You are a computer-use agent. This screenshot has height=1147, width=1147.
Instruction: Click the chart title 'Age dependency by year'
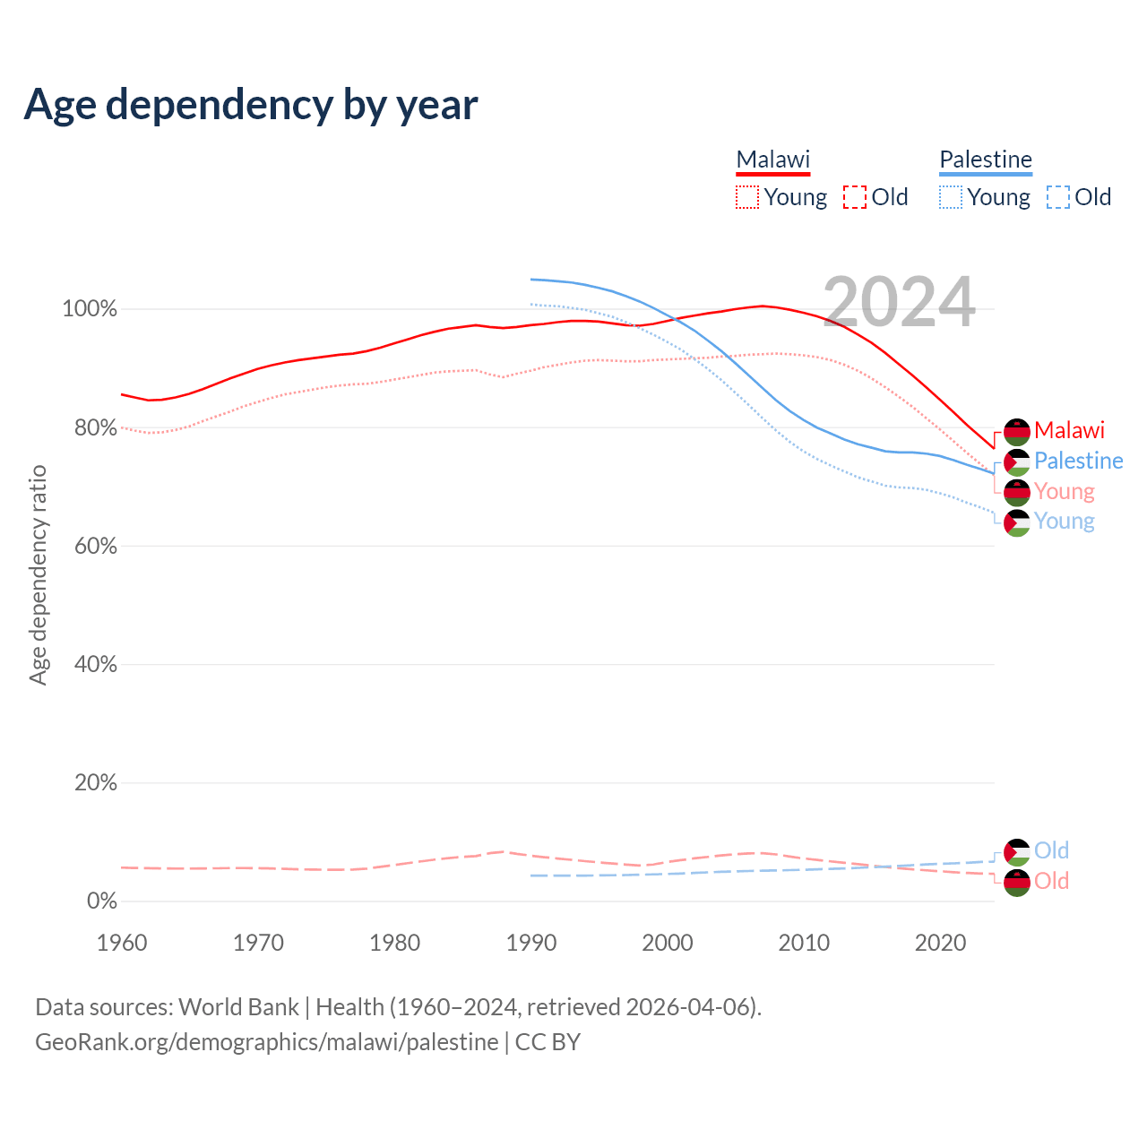coord(251,105)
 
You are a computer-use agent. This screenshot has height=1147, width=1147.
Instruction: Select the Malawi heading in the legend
coord(772,160)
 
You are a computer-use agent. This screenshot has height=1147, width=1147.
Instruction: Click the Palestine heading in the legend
coord(986,160)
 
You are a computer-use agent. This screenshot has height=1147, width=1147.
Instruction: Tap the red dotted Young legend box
coord(747,197)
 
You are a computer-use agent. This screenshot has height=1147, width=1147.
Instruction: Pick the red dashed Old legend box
coord(855,197)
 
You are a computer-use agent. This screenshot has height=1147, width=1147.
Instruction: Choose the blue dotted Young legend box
coord(951,197)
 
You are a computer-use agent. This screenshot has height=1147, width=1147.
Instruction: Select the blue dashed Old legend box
coord(1058,197)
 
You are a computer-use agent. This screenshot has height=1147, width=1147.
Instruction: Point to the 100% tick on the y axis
coord(90,309)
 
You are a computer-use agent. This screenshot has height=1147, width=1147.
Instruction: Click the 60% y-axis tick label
coord(95,547)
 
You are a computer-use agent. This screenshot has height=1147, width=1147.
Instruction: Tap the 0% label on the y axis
coord(102,901)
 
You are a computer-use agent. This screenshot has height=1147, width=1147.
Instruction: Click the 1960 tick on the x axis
coord(122,943)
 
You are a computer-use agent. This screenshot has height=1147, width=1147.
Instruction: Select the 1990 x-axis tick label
coord(531,943)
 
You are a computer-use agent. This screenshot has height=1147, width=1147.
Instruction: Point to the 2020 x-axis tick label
coord(940,943)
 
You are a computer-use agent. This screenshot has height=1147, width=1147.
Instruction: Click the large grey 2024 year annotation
coord(899,303)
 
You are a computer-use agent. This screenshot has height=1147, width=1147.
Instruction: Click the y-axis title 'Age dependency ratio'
coord(38,574)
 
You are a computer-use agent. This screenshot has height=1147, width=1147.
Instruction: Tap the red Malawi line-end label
coord(1069,431)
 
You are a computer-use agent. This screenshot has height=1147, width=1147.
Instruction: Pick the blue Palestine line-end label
coord(1078,461)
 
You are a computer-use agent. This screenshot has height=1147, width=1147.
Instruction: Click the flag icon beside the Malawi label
coord(1017,432)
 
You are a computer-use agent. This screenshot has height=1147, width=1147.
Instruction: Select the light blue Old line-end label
coord(1051,850)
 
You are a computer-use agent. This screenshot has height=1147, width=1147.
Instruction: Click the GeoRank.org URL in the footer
coord(266,1042)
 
